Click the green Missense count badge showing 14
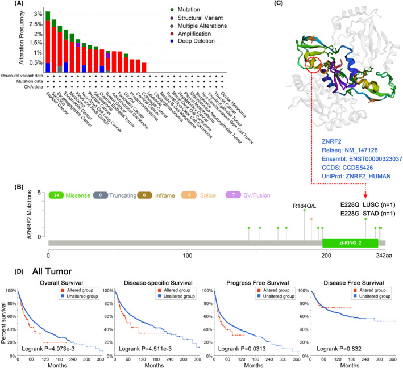(x=72, y=194)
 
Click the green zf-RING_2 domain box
(x=350, y=242)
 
